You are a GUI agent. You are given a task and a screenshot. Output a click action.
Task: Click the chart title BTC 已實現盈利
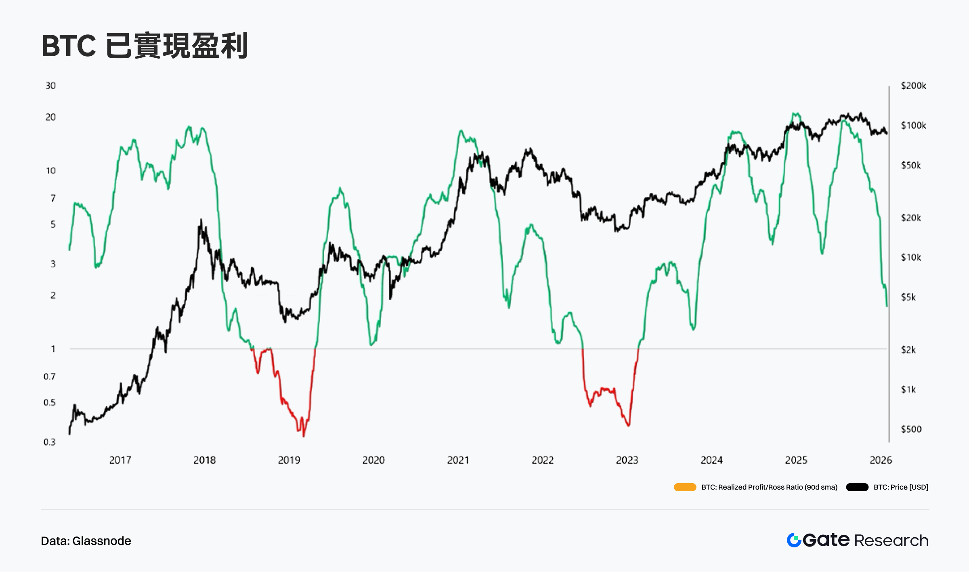coord(145,46)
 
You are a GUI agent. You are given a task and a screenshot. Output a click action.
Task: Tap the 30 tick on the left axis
coord(50,86)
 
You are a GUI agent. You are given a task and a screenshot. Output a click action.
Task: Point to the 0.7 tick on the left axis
coord(49,376)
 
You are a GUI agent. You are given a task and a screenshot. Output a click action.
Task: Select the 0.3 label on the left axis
coord(49,442)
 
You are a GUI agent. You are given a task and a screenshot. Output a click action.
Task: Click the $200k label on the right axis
coord(913,86)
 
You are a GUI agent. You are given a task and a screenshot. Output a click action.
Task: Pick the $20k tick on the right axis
coord(911,218)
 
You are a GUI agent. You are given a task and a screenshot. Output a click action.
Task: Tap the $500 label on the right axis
coord(911,429)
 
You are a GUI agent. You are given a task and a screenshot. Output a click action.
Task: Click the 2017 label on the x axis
coord(120,460)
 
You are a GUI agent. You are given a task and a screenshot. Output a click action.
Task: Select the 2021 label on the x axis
coord(458,460)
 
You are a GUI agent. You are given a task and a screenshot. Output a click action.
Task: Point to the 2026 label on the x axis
coord(880,460)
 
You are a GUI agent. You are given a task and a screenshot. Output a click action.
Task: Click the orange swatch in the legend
coord(685,487)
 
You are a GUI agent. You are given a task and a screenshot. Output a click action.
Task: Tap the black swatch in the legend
coord(857,487)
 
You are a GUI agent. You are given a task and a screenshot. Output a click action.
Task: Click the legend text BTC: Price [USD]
coord(901,487)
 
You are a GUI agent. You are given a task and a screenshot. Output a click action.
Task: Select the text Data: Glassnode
coord(86,541)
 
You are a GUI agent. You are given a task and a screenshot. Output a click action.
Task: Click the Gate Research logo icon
coord(794,540)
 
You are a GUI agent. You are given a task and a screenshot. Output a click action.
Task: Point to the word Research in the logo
coord(891,540)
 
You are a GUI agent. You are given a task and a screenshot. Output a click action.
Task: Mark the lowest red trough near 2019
coord(304,435)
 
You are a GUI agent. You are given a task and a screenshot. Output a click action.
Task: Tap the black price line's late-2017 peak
coord(201,220)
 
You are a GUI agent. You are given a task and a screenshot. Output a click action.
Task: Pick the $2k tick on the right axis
coord(908,350)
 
